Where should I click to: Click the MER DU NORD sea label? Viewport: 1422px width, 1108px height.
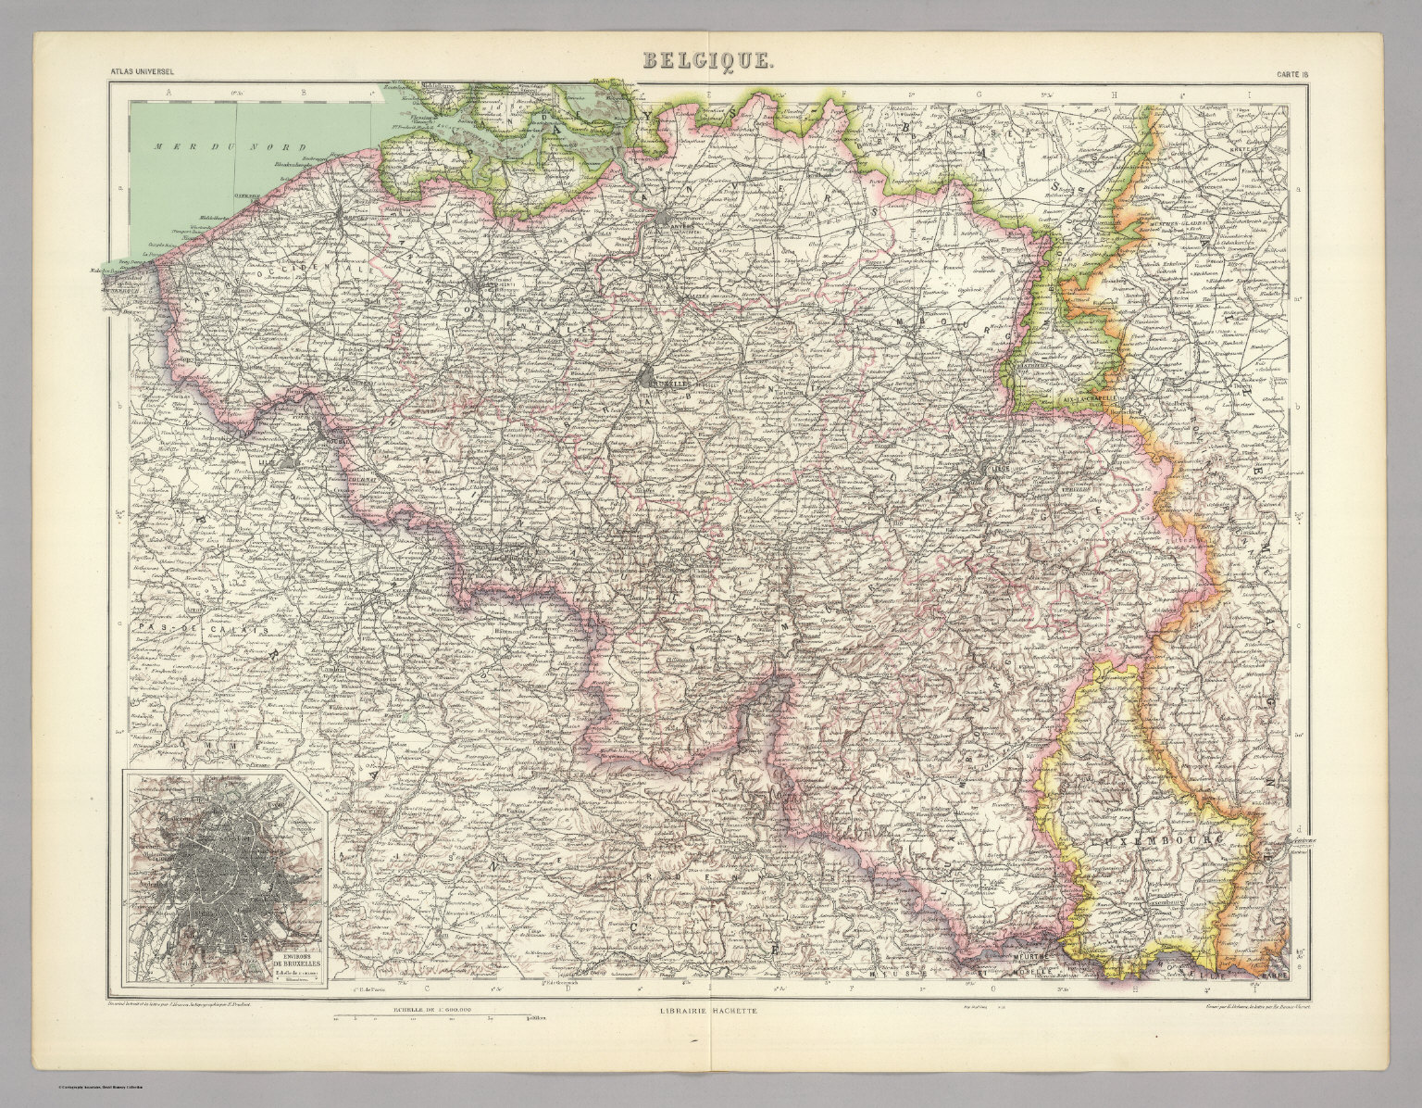click(x=186, y=146)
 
